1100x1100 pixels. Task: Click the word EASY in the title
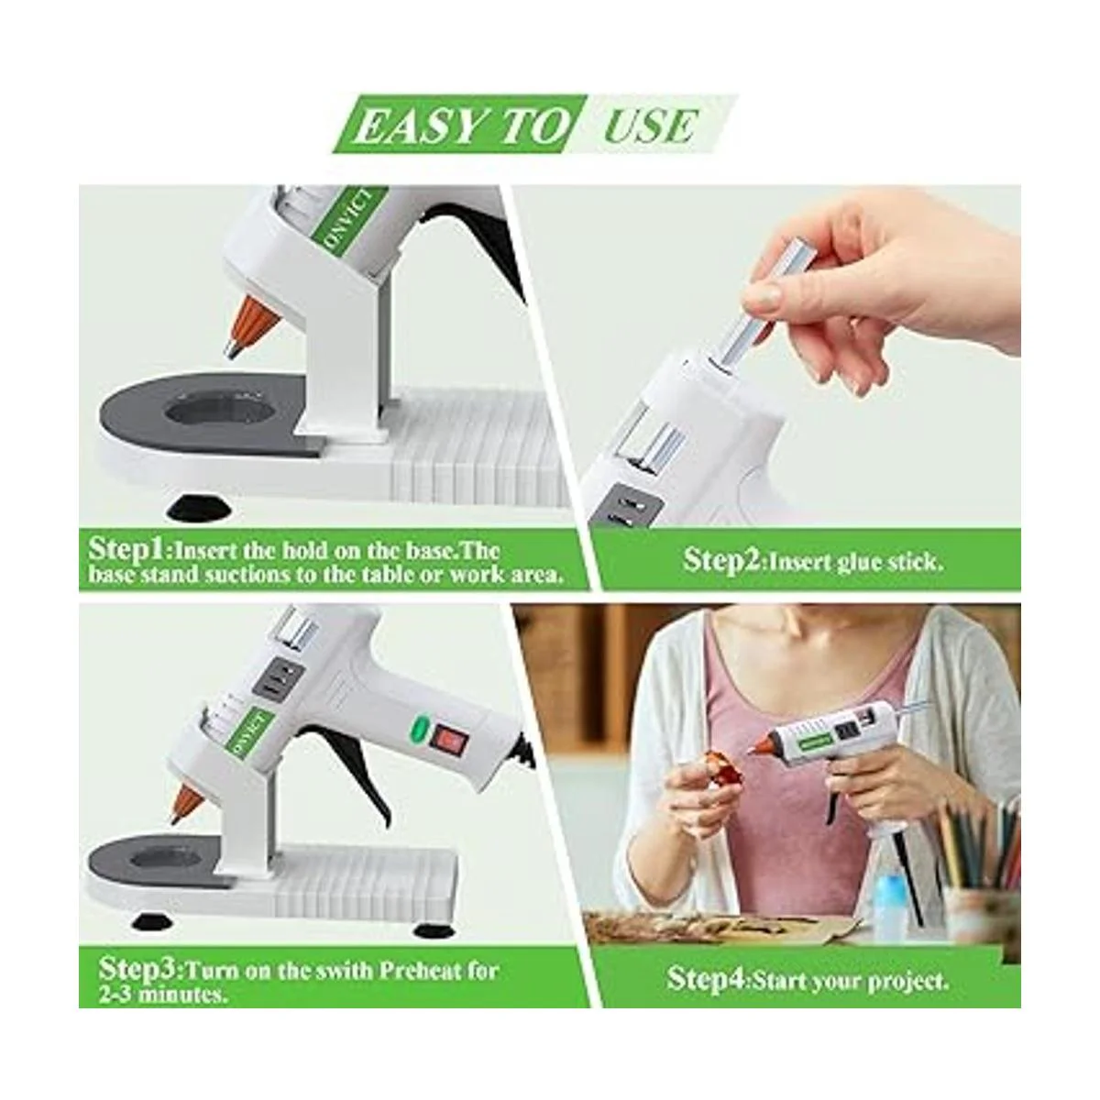(x=424, y=126)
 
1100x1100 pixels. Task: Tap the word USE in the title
(x=650, y=126)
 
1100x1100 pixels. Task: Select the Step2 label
(x=723, y=560)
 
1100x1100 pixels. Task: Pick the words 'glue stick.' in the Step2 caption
(x=883, y=562)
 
